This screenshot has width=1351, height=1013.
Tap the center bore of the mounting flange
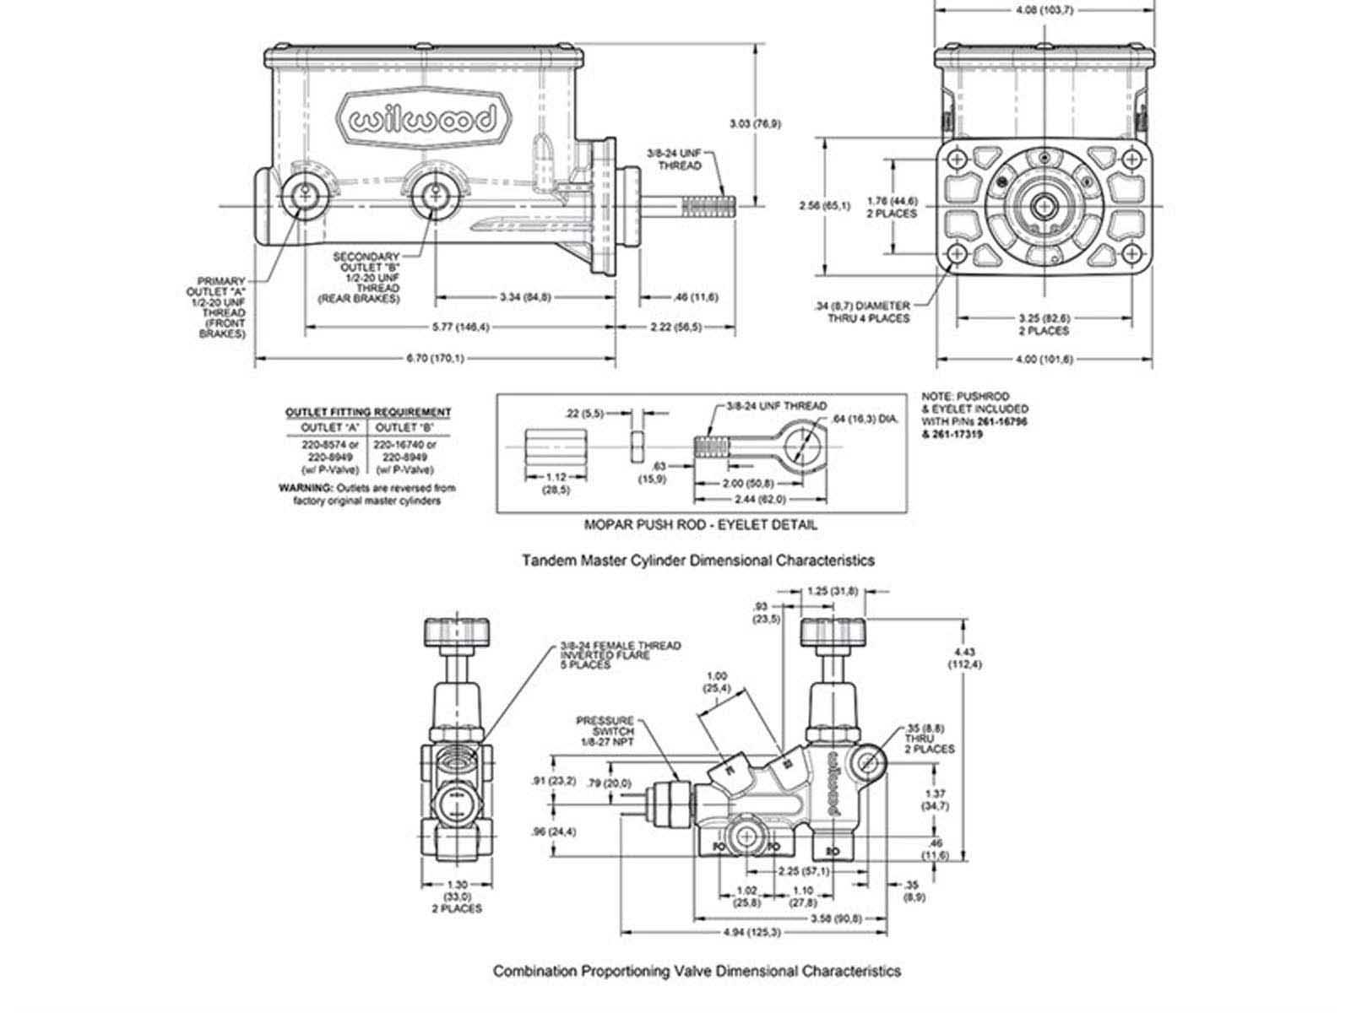click(x=1044, y=205)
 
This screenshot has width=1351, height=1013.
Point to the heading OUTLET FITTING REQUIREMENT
click(x=368, y=412)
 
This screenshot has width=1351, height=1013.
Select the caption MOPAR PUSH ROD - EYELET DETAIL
click(x=701, y=524)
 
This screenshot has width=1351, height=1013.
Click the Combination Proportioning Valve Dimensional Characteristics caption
click(x=697, y=971)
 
